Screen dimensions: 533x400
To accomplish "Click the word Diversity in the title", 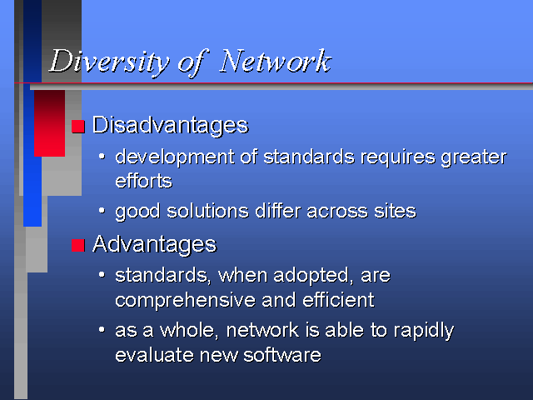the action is (x=109, y=62).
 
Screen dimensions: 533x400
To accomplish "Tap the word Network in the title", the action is (x=275, y=61).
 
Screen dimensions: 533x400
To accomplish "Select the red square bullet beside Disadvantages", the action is (x=77, y=127).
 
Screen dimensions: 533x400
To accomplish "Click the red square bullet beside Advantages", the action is (x=77, y=245).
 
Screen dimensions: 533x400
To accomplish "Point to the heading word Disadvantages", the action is (x=170, y=125).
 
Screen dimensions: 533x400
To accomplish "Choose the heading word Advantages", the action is (x=154, y=244).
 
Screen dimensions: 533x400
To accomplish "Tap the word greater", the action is (x=474, y=158).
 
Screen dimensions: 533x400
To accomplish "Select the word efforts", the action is (x=143, y=180).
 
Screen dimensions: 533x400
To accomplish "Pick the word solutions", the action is (x=207, y=211).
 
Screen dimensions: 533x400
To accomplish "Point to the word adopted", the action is (x=311, y=276).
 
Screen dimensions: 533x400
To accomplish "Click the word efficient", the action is (x=338, y=300).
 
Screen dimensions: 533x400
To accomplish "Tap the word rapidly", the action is (x=424, y=331).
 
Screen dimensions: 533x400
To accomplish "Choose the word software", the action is (x=282, y=355).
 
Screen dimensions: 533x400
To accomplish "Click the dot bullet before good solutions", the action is (x=102, y=211).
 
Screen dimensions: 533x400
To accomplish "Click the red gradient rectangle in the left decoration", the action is (x=49, y=123).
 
